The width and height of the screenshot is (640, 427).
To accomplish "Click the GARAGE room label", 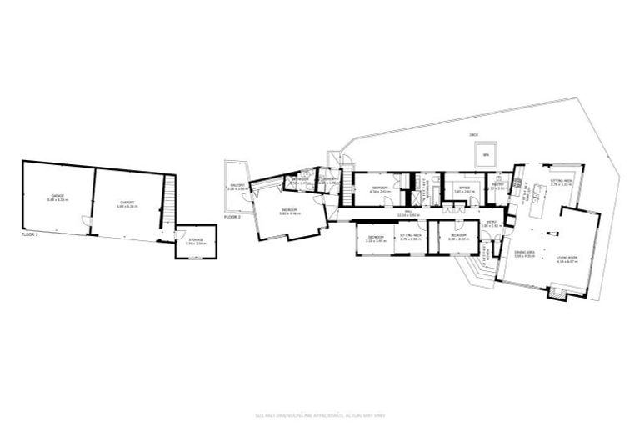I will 57,197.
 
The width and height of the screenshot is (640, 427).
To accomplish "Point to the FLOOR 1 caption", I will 30,236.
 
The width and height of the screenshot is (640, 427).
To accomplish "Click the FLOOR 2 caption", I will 232,216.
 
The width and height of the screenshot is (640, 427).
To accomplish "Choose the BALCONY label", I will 237,187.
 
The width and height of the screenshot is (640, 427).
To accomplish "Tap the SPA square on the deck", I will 482,154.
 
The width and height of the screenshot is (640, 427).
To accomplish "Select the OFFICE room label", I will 463,188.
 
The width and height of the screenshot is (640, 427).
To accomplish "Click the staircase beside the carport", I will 170,203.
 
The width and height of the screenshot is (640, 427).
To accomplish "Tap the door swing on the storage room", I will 181,236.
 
